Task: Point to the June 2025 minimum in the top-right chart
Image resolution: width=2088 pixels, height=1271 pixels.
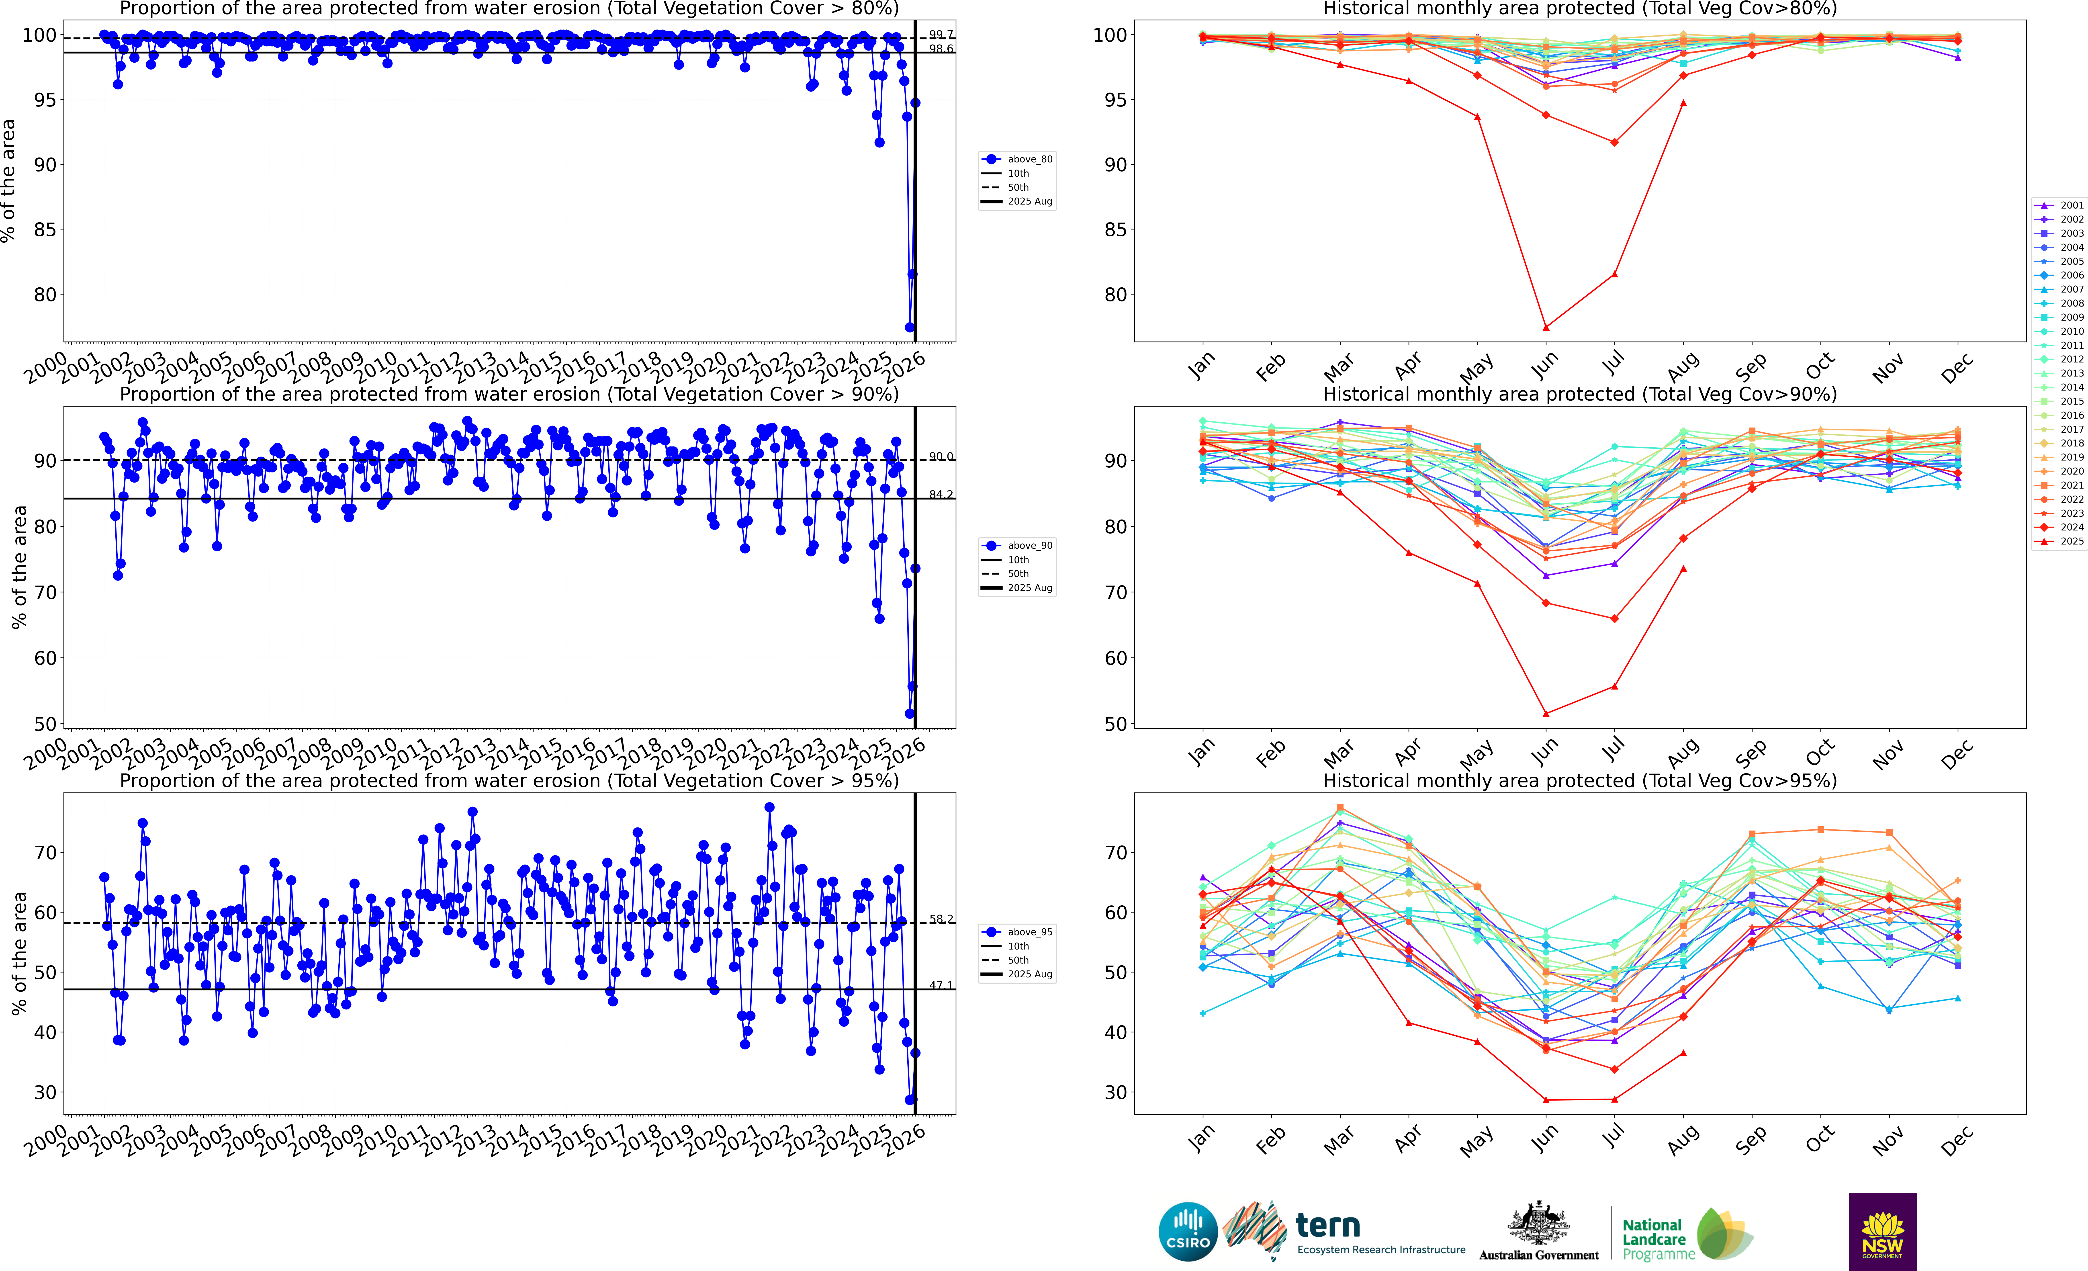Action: coord(1546,327)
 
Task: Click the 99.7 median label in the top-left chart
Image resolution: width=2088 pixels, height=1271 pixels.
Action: coord(941,35)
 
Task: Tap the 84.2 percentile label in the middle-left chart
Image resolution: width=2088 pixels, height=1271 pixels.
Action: coord(941,494)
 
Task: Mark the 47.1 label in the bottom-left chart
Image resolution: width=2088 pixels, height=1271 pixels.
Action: coord(941,985)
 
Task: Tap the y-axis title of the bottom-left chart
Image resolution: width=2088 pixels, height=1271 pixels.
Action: coord(19,953)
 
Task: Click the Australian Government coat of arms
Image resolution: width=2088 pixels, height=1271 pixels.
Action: coord(1538,1223)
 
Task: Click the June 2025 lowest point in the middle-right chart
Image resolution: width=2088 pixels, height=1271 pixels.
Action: coord(1546,713)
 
